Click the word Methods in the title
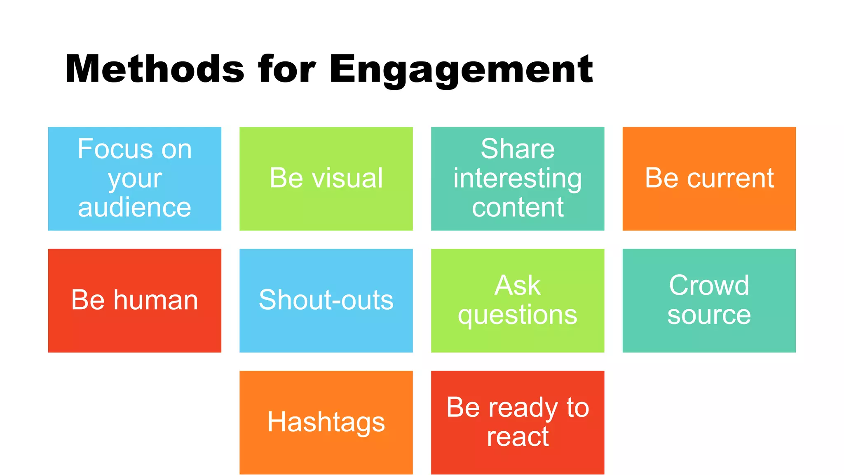point(155,69)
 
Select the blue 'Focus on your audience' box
point(134,179)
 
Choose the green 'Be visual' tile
point(326,179)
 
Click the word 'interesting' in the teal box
point(518,178)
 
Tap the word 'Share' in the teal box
point(518,149)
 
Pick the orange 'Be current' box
point(709,179)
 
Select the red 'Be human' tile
point(134,300)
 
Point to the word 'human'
point(156,300)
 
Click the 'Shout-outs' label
point(326,300)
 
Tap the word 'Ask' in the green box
point(518,285)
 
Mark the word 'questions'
point(518,315)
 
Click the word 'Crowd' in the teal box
point(709,285)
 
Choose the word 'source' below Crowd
point(709,315)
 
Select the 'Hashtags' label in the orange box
point(326,422)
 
